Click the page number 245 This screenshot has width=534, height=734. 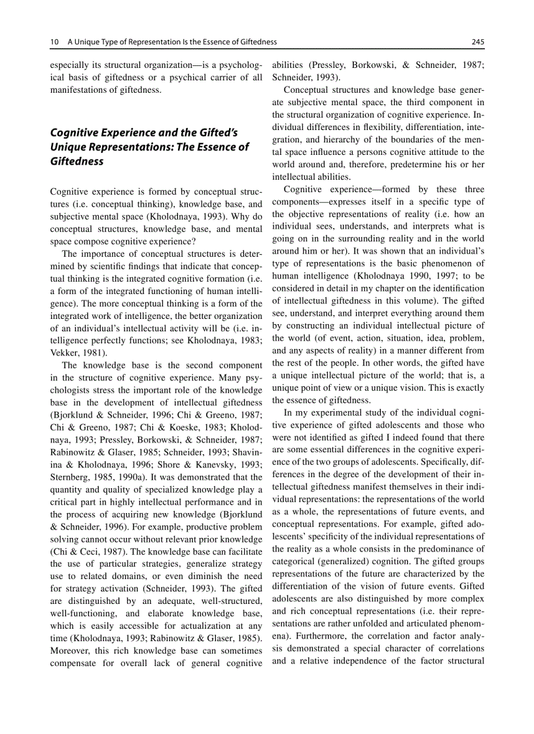pyautogui.click(x=477, y=42)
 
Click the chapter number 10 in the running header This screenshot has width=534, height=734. pyautogui.click(x=54, y=42)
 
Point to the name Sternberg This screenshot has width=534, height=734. pyautogui.click(x=71, y=476)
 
